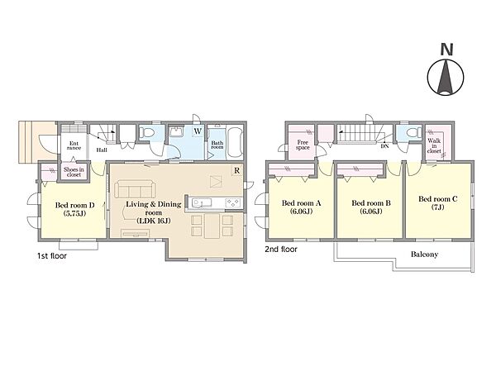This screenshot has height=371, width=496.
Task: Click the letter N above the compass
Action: tap(447, 50)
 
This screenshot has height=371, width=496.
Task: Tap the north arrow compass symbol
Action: tap(446, 77)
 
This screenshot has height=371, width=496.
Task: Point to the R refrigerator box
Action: tap(236, 170)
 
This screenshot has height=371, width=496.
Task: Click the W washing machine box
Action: tap(198, 131)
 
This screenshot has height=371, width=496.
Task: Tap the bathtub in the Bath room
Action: tap(235, 141)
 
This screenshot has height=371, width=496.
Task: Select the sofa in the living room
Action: tap(135, 189)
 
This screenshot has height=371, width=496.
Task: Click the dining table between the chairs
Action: tap(212, 226)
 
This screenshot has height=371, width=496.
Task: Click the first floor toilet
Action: tap(146, 132)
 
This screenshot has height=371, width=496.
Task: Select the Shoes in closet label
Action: tap(74, 172)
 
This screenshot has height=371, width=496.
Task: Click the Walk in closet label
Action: tap(434, 145)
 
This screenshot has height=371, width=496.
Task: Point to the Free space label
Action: tap(303, 145)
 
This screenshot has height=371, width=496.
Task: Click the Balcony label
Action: tap(425, 254)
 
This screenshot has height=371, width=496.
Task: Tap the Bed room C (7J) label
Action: tap(438, 202)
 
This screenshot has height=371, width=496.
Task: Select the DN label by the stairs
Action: tap(385, 146)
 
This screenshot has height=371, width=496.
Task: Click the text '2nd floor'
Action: tap(281, 250)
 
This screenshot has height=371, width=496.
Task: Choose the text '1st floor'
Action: tap(52, 255)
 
